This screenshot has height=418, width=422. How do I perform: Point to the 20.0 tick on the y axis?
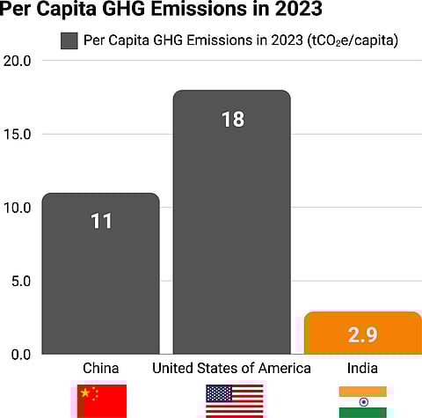click(18, 61)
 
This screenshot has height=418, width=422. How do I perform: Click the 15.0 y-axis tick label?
click(18, 134)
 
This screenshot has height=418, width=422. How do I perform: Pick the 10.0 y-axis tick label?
click(18, 208)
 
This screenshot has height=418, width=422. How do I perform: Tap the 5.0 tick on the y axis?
click(21, 281)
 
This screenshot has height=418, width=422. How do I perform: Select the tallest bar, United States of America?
click(232, 246)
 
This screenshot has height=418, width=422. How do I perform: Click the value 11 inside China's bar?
click(101, 221)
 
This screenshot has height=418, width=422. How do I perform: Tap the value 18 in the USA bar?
click(232, 119)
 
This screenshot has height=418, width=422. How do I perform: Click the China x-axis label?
click(101, 368)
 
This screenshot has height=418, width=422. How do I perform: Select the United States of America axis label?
click(232, 368)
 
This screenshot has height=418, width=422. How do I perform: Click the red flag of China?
click(102, 400)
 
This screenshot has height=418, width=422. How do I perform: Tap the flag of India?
click(362, 400)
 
